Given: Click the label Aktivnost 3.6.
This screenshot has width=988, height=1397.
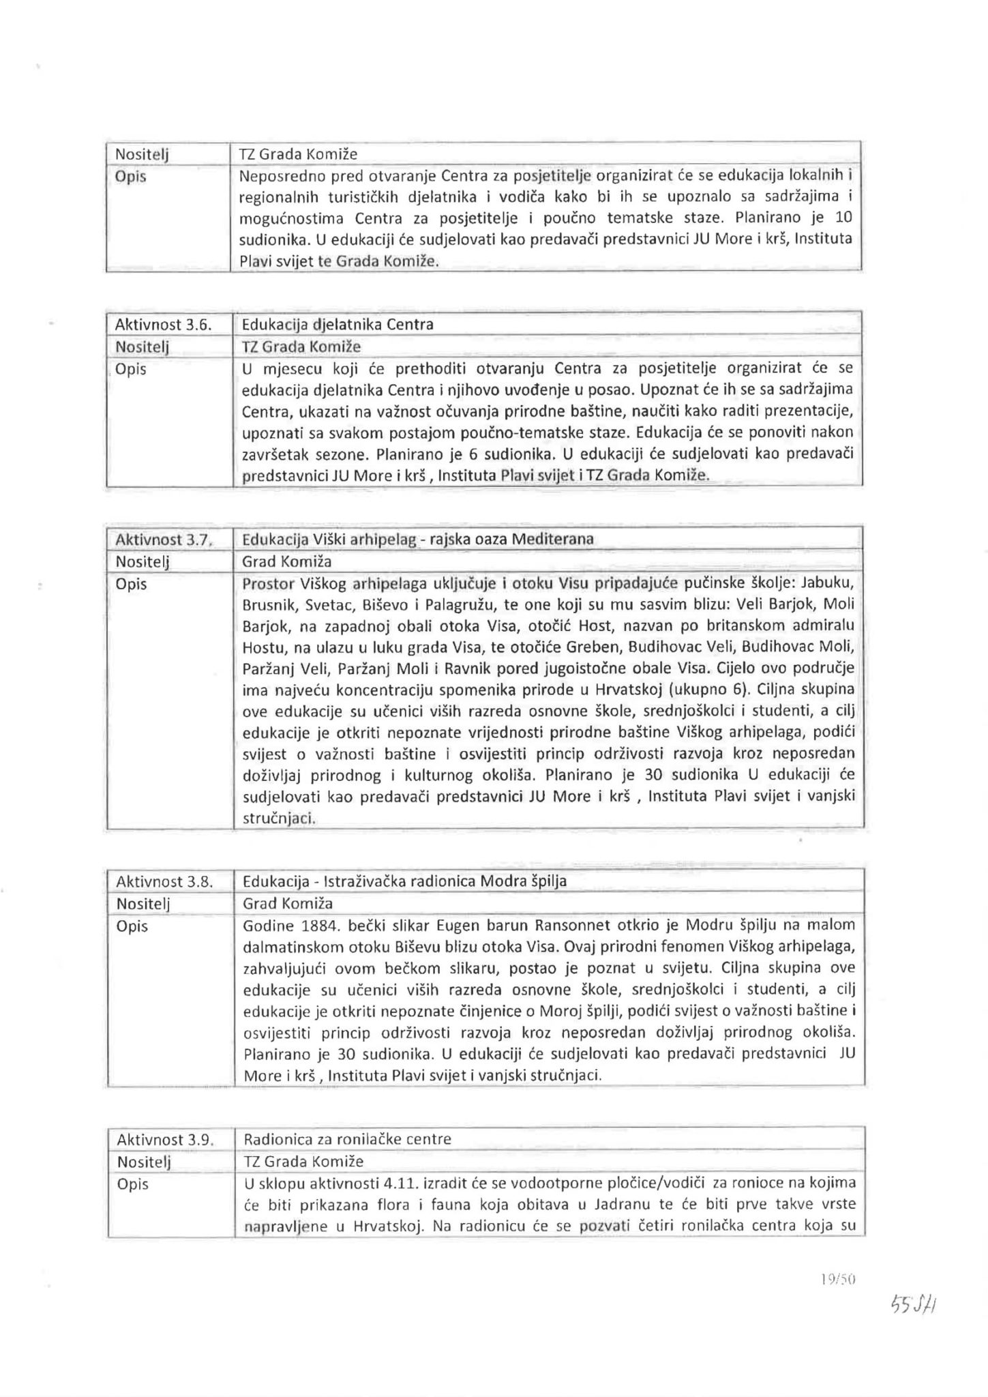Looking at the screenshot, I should tap(164, 324).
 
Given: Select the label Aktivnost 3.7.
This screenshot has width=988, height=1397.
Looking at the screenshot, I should tap(164, 539).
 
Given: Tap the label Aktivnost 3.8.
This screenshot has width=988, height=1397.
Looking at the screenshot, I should tap(164, 881).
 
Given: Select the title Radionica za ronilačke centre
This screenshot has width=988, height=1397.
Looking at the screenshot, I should tap(347, 1139).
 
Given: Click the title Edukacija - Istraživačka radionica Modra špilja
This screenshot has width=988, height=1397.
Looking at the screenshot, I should tap(404, 881).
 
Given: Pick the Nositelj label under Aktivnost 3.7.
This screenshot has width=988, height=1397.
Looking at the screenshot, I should tap(143, 562).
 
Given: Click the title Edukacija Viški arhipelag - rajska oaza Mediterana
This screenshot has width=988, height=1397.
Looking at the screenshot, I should tap(418, 539).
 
